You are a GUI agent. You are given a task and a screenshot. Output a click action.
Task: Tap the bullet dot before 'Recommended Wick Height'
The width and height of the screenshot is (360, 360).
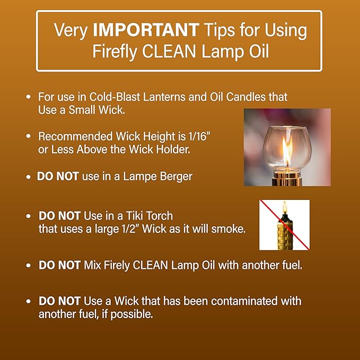click(x=28, y=136)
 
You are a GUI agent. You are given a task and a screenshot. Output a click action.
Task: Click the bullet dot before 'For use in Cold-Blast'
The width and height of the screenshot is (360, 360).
click(x=28, y=98)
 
